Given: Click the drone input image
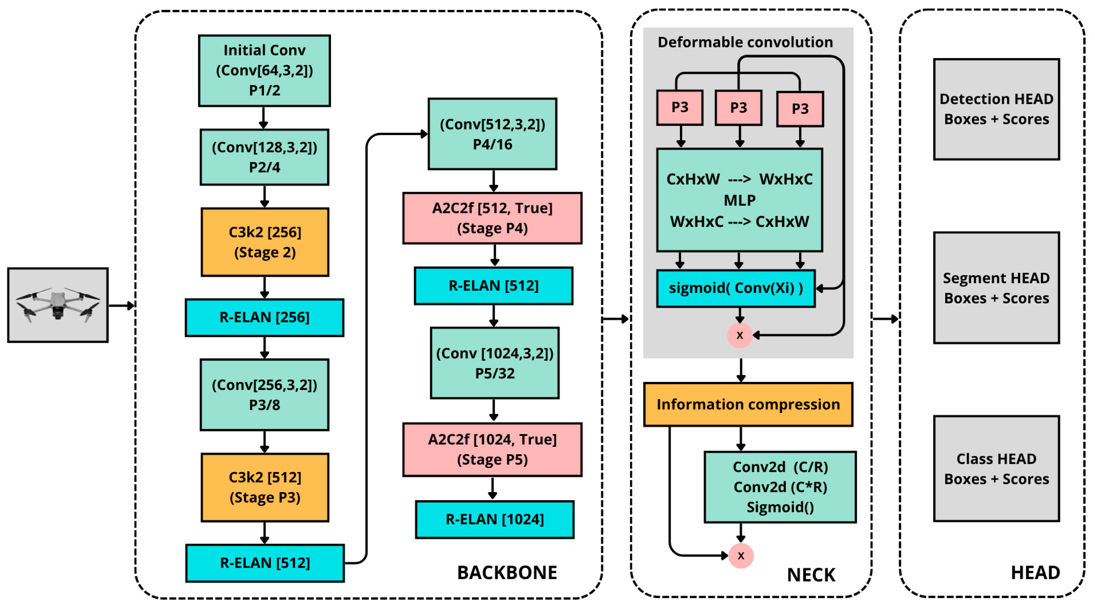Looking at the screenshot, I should tap(58, 305).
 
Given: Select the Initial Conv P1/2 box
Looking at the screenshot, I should tap(264, 71).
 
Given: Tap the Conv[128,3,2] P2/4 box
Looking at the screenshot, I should tap(264, 157).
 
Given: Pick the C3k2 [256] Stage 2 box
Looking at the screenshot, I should tap(265, 242).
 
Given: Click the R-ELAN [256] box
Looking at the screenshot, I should tap(264, 317).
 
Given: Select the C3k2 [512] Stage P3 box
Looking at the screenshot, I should tap(265, 487).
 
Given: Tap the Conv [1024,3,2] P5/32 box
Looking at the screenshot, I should tap(495, 363).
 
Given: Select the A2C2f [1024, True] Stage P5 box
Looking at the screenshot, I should tap(492, 449).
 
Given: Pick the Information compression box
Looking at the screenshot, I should tap(748, 404).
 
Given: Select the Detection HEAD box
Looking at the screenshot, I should tap(996, 109).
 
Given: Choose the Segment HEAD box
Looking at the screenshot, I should tap(996, 288).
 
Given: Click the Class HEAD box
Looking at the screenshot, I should tap(996, 469).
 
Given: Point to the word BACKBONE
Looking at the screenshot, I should tap(507, 573).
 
